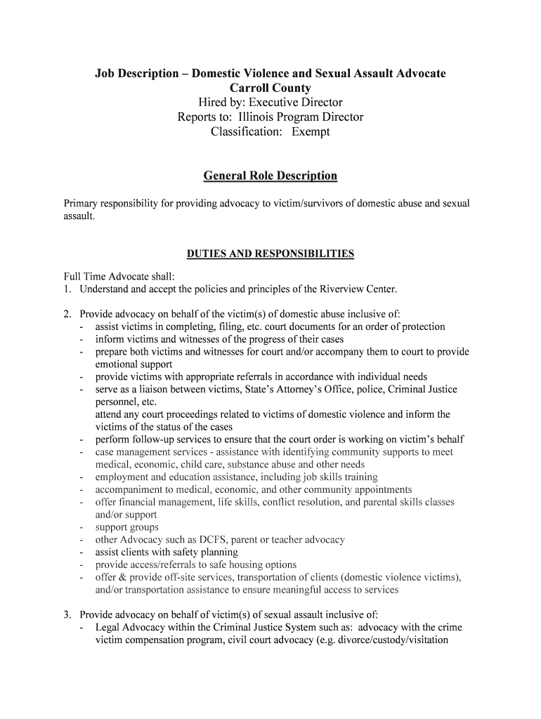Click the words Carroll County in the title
pyautogui.click(x=270, y=88)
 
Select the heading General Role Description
pyautogui.click(x=270, y=176)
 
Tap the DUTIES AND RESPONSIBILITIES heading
pyautogui.click(x=270, y=253)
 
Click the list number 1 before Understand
pyautogui.click(x=67, y=289)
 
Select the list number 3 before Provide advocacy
pyautogui.click(x=67, y=614)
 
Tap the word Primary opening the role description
pyautogui.click(x=83, y=204)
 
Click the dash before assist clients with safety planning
pyautogui.click(x=83, y=553)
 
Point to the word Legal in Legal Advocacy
pyautogui.click(x=108, y=627)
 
